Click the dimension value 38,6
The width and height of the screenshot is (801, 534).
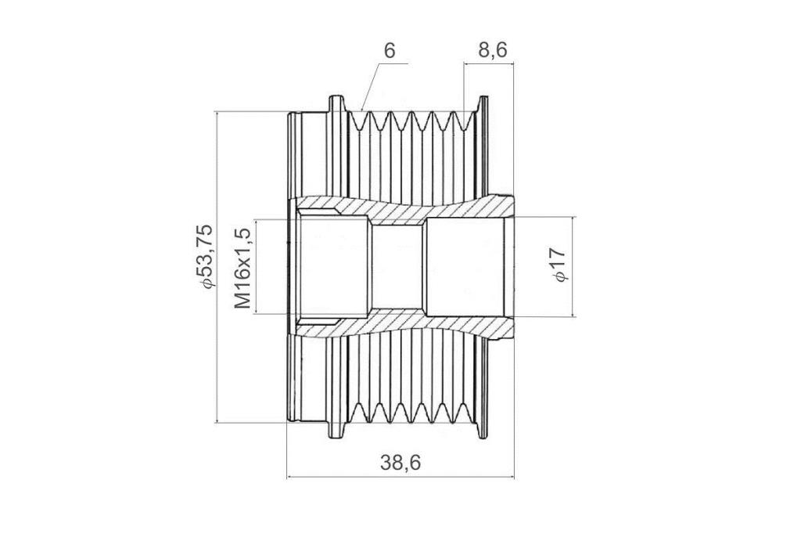coord(400,463)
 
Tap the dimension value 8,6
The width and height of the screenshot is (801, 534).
coord(493,50)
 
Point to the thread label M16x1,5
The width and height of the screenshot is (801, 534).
coord(242,268)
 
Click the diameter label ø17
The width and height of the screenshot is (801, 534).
coord(559,264)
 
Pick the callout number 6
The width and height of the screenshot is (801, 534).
coord(390,51)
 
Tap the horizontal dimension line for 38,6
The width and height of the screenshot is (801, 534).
coord(400,477)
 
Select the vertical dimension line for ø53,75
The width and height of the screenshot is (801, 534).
coord(217,266)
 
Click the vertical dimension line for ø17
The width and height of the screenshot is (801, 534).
coord(573,266)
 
